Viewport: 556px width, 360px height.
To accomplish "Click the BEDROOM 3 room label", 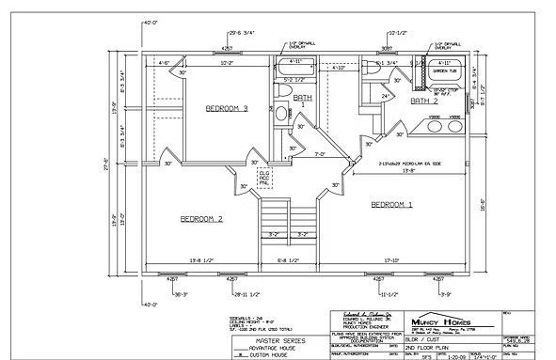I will [226, 109].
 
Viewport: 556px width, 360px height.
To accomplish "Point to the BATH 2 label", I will [424, 100].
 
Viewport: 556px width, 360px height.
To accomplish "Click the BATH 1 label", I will [303, 98].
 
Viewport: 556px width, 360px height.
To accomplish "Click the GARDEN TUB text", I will [443, 71].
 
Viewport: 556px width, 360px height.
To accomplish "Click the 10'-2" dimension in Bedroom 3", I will [226, 64].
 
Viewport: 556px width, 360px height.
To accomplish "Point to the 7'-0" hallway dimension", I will [319, 154].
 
